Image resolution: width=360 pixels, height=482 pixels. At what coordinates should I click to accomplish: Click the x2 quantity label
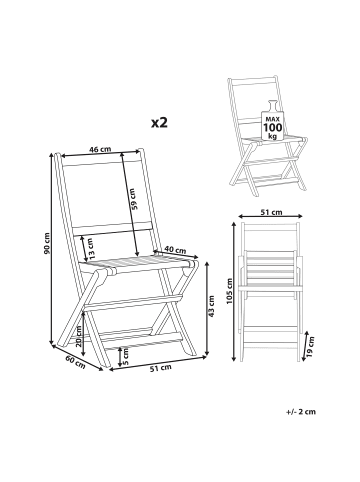[x=159, y=123]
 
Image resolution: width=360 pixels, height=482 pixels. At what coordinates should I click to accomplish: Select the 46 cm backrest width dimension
[x=100, y=149]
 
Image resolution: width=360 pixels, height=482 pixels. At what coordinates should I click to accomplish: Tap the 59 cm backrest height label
[x=133, y=199]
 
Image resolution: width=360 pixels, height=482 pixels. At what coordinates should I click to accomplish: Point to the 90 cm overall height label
[x=47, y=243]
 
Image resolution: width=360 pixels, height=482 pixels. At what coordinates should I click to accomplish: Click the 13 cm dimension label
[x=91, y=249]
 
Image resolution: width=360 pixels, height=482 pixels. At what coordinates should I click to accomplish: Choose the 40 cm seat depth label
[x=175, y=250]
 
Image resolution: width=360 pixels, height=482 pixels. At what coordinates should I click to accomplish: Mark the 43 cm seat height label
[x=211, y=306]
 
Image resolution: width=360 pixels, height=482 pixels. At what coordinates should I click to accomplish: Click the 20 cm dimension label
[x=79, y=336]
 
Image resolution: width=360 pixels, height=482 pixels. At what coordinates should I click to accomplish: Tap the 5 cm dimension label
[x=125, y=357]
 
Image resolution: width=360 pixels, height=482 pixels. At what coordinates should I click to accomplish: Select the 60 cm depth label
[x=75, y=362]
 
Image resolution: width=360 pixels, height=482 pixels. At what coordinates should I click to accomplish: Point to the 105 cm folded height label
[x=229, y=291]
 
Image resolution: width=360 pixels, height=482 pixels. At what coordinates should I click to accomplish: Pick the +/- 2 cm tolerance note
[x=301, y=412]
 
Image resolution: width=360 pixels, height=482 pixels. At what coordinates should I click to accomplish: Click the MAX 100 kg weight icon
[x=272, y=120]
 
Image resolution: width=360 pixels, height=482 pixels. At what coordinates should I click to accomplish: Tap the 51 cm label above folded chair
[x=272, y=212]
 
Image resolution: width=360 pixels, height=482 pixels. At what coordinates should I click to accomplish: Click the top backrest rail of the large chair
[x=101, y=161]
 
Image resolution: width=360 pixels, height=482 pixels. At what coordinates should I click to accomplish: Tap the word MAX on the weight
[x=272, y=119]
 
